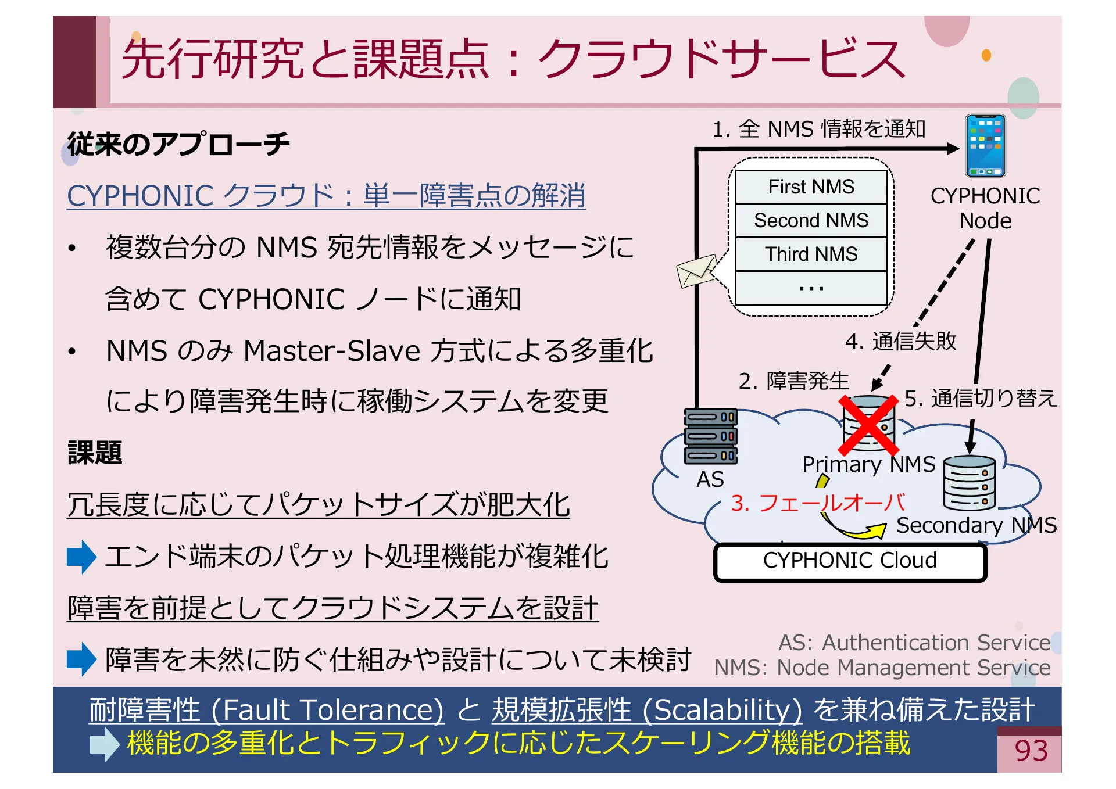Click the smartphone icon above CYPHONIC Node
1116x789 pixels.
[985, 146]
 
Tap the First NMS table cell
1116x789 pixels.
[811, 187]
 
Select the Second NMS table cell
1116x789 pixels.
[811, 220]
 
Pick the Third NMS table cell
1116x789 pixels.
[811, 254]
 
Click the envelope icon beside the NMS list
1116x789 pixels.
[696, 271]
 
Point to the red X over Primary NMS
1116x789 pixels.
[868, 425]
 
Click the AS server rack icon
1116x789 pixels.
[710, 436]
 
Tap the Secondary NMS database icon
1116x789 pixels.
[969, 483]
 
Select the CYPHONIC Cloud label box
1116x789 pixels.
[850, 561]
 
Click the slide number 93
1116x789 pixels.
[1031, 751]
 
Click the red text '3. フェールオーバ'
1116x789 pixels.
[817, 503]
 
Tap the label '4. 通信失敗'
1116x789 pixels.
[900, 341]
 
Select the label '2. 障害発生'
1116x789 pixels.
[793, 381]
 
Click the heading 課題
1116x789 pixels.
[95, 453]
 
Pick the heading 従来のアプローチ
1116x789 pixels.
[178, 144]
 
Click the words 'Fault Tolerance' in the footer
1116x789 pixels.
[332, 711]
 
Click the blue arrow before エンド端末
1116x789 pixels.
[81, 557]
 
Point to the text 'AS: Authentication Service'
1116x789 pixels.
[914, 643]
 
